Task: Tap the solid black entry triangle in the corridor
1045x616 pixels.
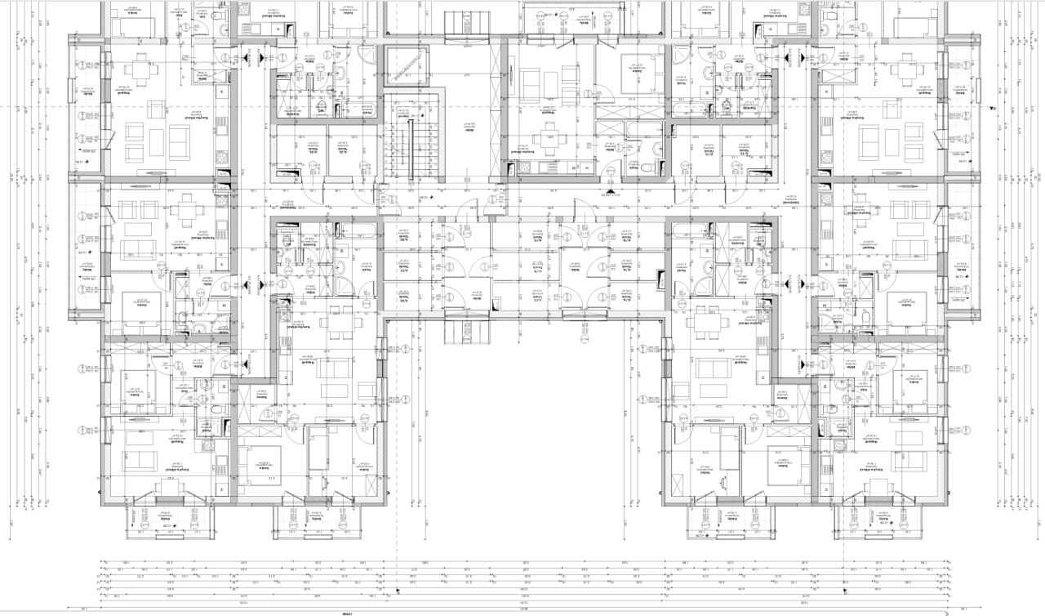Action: [x=607, y=194]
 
